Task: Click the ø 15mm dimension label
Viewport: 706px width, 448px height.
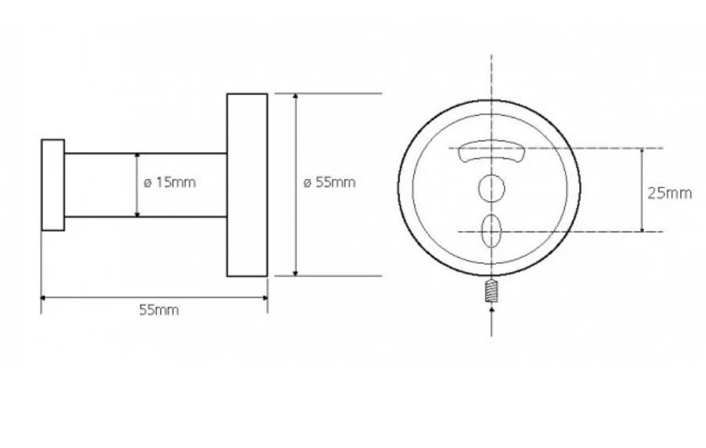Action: click(170, 182)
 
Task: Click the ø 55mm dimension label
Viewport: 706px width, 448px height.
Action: click(329, 182)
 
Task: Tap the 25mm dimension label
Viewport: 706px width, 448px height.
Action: click(670, 193)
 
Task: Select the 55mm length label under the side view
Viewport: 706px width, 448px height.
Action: click(159, 310)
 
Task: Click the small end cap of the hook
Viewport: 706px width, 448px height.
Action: click(53, 185)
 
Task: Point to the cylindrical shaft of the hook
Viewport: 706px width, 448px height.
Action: click(145, 185)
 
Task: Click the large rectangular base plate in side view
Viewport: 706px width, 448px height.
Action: click(247, 185)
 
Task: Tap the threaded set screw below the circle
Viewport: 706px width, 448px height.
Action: click(492, 290)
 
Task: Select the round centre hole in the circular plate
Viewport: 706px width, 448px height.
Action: click(491, 188)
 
